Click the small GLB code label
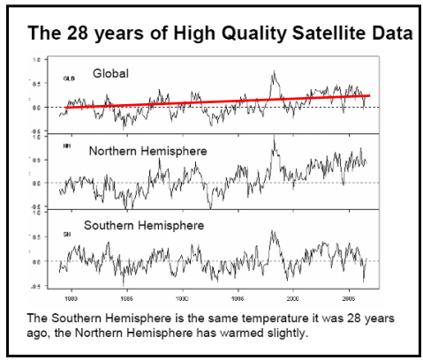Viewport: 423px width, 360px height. pyautogui.click(x=67, y=79)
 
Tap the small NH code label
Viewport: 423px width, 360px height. pyautogui.click(x=66, y=145)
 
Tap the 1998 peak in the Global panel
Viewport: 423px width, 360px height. pyautogui.click(x=274, y=72)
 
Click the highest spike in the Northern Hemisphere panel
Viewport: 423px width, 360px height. pyautogui.click(x=274, y=138)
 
